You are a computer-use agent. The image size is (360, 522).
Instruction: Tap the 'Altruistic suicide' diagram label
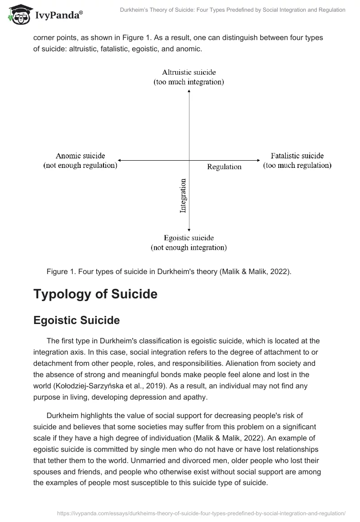189,72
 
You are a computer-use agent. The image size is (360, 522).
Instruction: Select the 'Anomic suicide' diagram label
80,156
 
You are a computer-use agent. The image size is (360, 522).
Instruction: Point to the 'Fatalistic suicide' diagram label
297,156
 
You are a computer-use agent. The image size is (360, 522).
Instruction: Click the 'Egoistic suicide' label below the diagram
189,238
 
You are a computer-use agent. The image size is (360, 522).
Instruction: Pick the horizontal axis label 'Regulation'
224,166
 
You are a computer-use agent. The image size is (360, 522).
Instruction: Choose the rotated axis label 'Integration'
183,196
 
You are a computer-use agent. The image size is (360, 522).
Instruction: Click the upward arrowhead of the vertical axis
189,91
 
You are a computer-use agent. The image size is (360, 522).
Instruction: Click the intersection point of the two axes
189,160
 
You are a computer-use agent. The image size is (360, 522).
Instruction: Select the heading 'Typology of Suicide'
95,294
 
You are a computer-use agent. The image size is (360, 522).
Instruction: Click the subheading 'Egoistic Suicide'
76,320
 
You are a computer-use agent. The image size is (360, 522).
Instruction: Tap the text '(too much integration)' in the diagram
189,82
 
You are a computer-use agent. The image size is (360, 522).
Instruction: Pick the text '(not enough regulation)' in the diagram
80,165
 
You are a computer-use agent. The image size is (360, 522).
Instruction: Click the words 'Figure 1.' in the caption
60,271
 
